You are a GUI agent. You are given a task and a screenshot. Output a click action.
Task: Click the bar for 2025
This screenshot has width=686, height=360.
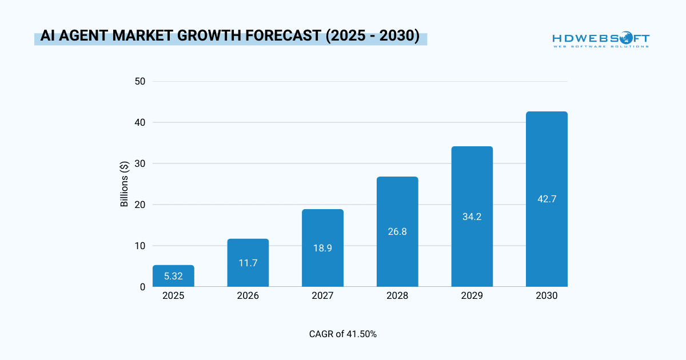pyautogui.click(x=173, y=276)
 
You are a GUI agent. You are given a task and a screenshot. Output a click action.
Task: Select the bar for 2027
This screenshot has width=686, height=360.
pyautogui.click(x=322, y=248)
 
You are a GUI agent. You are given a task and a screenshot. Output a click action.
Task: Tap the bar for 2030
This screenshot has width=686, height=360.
pyautogui.click(x=547, y=199)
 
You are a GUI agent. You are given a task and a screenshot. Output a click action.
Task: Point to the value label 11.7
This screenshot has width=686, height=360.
pyautogui.click(x=248, y=263)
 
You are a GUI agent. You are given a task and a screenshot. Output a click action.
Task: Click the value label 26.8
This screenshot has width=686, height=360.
pyautogui.click(x=397, y=232)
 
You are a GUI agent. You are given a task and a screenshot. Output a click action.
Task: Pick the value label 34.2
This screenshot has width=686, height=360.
pyautogui.click(x=472, y=217)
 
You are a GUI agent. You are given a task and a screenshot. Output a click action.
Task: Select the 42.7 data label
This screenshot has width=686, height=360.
pyautogui.click(x=547, y=199)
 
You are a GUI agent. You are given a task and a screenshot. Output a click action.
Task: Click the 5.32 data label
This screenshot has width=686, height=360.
pyautogui.click(x=173, y=277)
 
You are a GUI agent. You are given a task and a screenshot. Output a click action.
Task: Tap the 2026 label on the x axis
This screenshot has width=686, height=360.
pyautogui.click(x=248, y=296)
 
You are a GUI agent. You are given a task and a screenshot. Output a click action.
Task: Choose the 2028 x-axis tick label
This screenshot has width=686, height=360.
pyautogui.click(x=397, y=296)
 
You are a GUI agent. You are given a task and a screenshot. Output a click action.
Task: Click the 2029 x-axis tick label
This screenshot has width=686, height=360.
pyautogui.click(x=472, y=296)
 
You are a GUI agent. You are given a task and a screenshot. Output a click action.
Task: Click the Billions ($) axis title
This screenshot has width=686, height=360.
pyautogui.click(x=125, y=184)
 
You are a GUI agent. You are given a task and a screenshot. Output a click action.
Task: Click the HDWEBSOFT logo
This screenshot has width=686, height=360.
pyautogui.click(x=600, y=39)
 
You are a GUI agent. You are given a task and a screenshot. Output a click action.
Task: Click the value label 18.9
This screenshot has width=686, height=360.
pyautogui.click(x=322, y=248)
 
